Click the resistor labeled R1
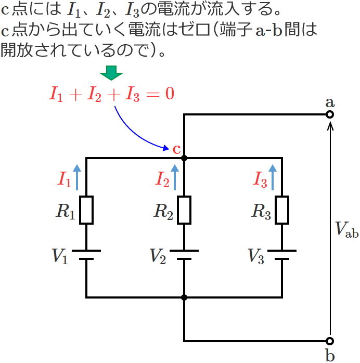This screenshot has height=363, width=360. coord(86,210)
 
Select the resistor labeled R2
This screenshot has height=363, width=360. coord(184,210)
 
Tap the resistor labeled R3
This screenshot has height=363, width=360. coord(282,210)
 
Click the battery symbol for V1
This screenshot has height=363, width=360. coord(86,254)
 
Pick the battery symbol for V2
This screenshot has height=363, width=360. coord(184,254)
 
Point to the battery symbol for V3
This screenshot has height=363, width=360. coord(282,254)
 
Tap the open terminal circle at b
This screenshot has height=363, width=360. coord(329,341)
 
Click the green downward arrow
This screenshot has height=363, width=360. coord(110,73)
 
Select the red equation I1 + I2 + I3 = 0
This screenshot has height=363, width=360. coord(111,94)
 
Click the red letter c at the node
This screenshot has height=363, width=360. coord(176,149)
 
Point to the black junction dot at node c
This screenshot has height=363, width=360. coord(184,158)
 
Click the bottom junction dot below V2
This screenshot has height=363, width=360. coord(184,297)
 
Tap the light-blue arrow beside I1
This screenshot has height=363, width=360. coord(77,177)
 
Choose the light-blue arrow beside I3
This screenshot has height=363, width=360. coord(273,177)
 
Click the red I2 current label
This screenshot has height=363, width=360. coord(162,180)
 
